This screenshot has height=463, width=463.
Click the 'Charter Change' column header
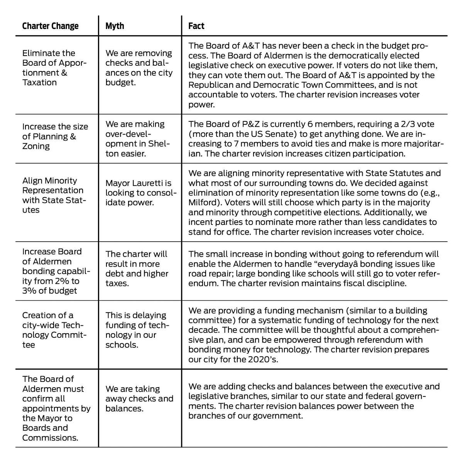click(x=50, y=26)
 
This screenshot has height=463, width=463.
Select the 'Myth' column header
click(x=115, y=26)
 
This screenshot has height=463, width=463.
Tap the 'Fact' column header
click(x=196, y=26)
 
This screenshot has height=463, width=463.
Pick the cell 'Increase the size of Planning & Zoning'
click(x=55, y=136)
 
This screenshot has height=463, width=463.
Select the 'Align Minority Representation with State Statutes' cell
click(x=53, y=195)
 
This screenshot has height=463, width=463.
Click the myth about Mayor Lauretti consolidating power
click(x=140, y=193)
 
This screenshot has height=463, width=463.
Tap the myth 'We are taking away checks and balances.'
click(x=139, y=398)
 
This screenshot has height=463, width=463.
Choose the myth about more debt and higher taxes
click(x=137, y=269)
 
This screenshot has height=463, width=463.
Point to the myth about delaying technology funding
click(x=136, y=330)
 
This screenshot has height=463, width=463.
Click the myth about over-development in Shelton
click(x=138, y=139)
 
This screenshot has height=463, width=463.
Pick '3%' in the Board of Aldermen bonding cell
click(x=29, y=291)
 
